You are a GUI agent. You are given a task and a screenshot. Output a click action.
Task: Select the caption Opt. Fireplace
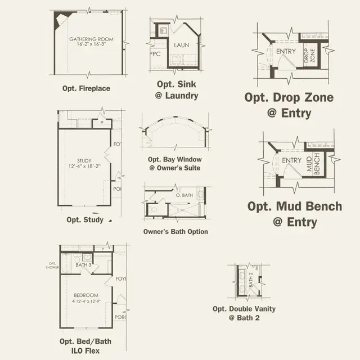pyautogui.click(x=86, y=88)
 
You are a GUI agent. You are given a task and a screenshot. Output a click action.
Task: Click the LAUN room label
pyautogui.click(x=181, y=44)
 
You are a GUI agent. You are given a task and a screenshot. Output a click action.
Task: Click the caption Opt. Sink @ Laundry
pyautogui.click(x=177, y=90)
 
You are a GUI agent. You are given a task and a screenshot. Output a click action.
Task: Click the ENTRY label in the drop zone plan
pyautogui.click(x=286, y=51)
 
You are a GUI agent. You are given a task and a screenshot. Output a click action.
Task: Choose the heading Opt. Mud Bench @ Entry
pyautogui.click(x=294, y=214)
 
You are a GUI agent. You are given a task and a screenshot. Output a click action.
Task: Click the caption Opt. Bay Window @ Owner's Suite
pyautogui.click(x=174, y=163)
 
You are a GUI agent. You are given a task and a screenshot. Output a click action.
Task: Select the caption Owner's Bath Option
pyautogui.click(x=175, y=232)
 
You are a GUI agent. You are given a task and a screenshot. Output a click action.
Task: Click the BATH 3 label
pyautogui.click(x=83, y=264)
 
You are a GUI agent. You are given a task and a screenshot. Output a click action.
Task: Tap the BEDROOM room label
pyautogui.click(x=85, y=295)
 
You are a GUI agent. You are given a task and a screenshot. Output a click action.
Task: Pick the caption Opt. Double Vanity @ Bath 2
pyautogui.click(x=244, y=313)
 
